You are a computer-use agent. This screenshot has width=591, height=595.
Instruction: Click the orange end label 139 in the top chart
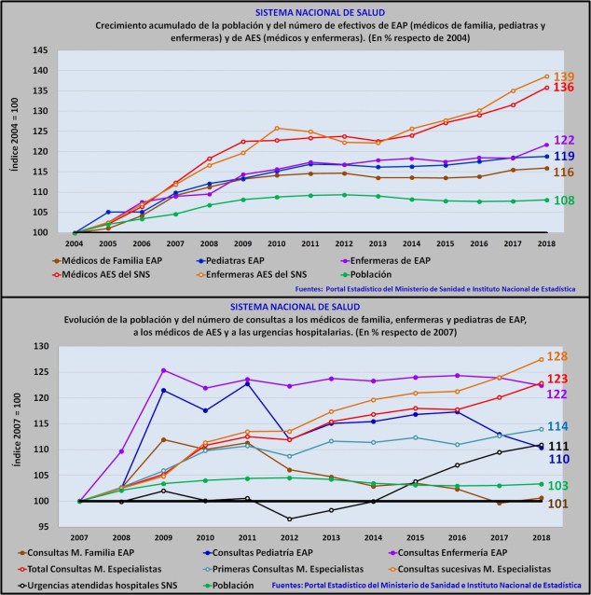tap(564, 76)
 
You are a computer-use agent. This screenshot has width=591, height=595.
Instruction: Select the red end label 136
tap(564, 88)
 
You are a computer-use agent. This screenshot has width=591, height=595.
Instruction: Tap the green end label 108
tap(564, 201)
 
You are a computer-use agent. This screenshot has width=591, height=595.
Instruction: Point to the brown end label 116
tap(564, 173)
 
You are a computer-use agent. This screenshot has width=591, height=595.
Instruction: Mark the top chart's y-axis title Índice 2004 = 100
tap(12, 142)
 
